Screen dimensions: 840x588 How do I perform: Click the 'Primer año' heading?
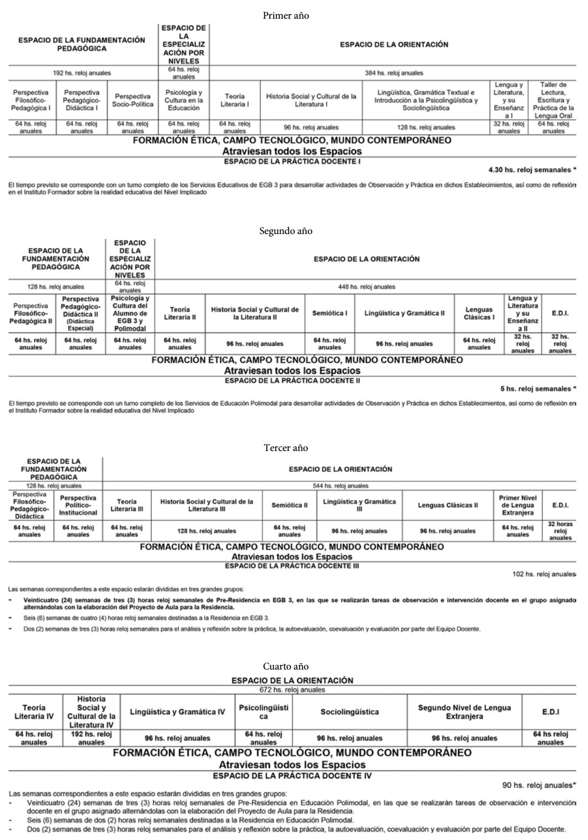[286, 16]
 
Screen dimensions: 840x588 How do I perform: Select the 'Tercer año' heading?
[286, 448]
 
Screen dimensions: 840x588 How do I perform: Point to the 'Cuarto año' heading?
[286, 666]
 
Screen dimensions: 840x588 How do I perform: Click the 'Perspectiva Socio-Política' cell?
[133, 100]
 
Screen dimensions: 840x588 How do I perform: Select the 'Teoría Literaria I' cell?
[235, 100]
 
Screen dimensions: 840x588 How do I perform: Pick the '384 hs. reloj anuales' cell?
[393, 73]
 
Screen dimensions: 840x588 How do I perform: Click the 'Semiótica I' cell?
[330, 313]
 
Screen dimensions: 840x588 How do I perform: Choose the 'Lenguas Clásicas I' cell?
[479, 313]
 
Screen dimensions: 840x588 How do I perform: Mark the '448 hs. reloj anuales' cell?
[367, 287]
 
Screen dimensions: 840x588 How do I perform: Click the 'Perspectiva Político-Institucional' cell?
[78, 505]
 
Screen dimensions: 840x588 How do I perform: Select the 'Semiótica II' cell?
[289, 505]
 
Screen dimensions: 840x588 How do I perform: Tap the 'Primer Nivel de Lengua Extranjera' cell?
[517, 505]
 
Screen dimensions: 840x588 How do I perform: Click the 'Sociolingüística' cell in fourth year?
[350, 712]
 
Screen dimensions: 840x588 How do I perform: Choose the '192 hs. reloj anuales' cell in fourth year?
[91, 738]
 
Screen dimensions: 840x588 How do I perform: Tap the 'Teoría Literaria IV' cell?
[34, 712]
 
